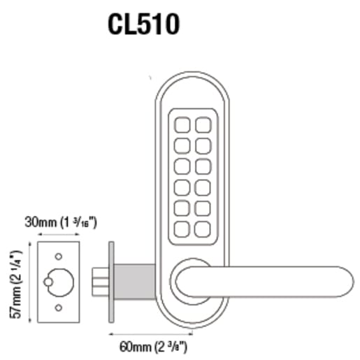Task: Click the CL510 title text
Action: click(x=144, y=24)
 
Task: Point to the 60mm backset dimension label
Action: click(x=149, y=345)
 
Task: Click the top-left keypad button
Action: click(x=180, y=124)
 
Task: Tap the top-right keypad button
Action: click(x=203, y=124)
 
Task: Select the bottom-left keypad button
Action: click(x=180, y=228)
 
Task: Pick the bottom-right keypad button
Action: click(x=203, y=228)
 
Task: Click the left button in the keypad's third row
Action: click(x=180, y=166)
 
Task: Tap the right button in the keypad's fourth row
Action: click(x=203, y=187)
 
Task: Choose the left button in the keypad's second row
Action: click(x=180, y=145)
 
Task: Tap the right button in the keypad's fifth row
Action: click(x=203, y=208)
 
